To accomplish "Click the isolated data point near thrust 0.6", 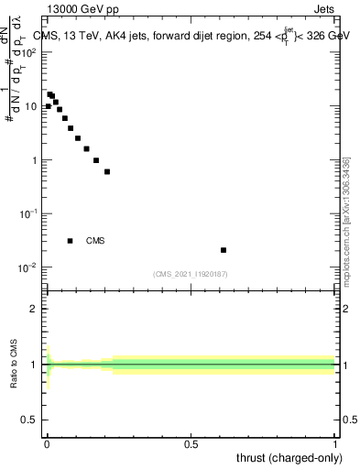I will coord(224,250).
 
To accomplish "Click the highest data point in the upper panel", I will coord(50,93).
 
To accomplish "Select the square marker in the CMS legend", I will coord(71,241).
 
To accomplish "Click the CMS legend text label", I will coord(95,241).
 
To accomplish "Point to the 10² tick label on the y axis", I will coord(28,52).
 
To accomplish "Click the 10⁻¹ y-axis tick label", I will coord(28,213).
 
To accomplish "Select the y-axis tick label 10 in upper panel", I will coord(30,106).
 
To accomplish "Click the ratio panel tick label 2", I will coord(33,309).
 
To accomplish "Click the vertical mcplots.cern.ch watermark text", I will coord(346,220).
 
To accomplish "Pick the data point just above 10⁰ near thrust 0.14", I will coord(86,148).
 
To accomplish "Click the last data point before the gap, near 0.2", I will coord(107,171).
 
